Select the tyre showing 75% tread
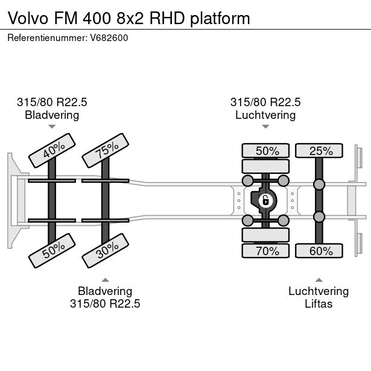pos(106,150)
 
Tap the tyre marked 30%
pos(106,250)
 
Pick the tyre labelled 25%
pos(319,151)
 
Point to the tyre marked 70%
pos(266,250)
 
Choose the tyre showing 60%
pos(319,250)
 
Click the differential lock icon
pos(265,200)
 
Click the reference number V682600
pos(109,38)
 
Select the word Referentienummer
pos(46,38)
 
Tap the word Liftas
pos(319,303)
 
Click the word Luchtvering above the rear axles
pos(265,115)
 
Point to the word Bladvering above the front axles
pos(52,115)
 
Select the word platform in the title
pos(220,18)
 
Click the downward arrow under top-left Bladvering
pos(52,127)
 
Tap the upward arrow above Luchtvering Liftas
pos(319,280)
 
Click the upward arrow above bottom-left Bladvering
pos(105,280)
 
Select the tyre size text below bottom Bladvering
pos(105,303)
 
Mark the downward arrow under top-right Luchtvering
pos(265,127)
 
